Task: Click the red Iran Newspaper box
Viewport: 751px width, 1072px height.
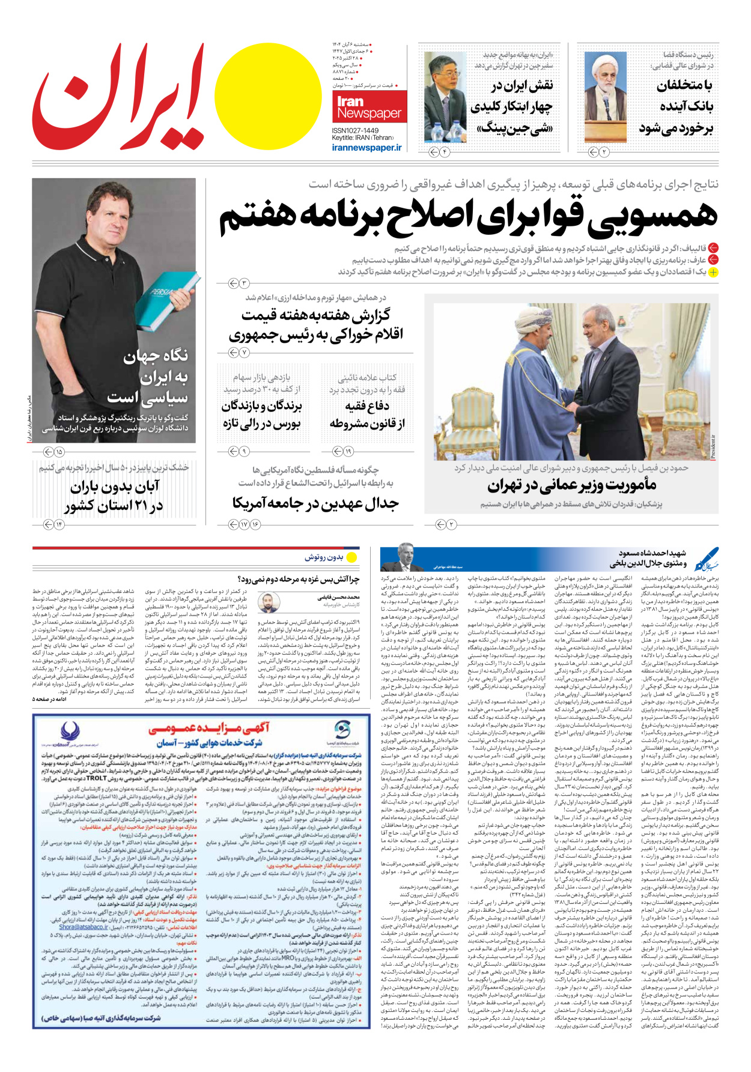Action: click(368, 107)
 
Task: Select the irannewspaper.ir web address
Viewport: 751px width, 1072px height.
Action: click(366, 148)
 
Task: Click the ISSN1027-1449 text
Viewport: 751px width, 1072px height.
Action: click(355, 130)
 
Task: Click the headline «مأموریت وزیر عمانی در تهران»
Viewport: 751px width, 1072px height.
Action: click(571, 485)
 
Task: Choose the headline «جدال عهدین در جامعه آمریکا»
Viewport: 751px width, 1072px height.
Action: click(315, 503)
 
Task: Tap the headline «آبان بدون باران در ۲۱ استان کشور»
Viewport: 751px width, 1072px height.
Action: click(114, 496)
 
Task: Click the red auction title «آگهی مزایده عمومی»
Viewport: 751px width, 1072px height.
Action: click(208, 728)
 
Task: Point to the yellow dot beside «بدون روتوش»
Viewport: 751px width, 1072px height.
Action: click(352, 557)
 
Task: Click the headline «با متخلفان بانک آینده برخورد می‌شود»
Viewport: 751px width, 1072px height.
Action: click(676, 107)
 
